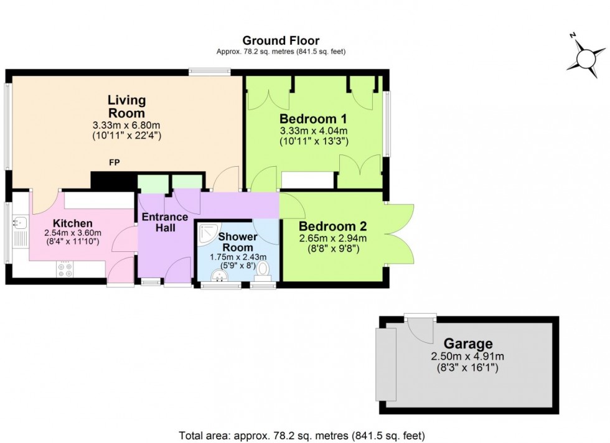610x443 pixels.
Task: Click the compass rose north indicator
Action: [x=586, y=57]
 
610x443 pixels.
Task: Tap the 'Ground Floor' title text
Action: [x=281, y=41]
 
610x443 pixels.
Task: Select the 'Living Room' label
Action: [x=126, y=106]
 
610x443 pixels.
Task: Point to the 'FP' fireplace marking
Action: [x=114, y=163]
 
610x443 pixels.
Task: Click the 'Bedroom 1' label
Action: [x=313, y=119]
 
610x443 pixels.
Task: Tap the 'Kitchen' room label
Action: [x=73, y=223]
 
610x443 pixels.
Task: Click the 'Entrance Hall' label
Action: [x=165, y=222]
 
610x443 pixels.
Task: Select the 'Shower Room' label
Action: [x=237, y=241]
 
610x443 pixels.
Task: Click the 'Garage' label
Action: [x=467, y=343]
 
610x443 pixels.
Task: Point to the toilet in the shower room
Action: [x=263, y=269]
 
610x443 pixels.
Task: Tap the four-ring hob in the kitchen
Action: [x=65, y=268]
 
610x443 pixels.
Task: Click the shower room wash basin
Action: [x=217, y=274]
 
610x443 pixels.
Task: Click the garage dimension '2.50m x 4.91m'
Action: [x=466, y=357]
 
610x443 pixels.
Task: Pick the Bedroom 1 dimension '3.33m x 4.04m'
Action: [x=313, y=131]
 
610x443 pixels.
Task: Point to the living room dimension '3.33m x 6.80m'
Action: [x=126, y=125]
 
